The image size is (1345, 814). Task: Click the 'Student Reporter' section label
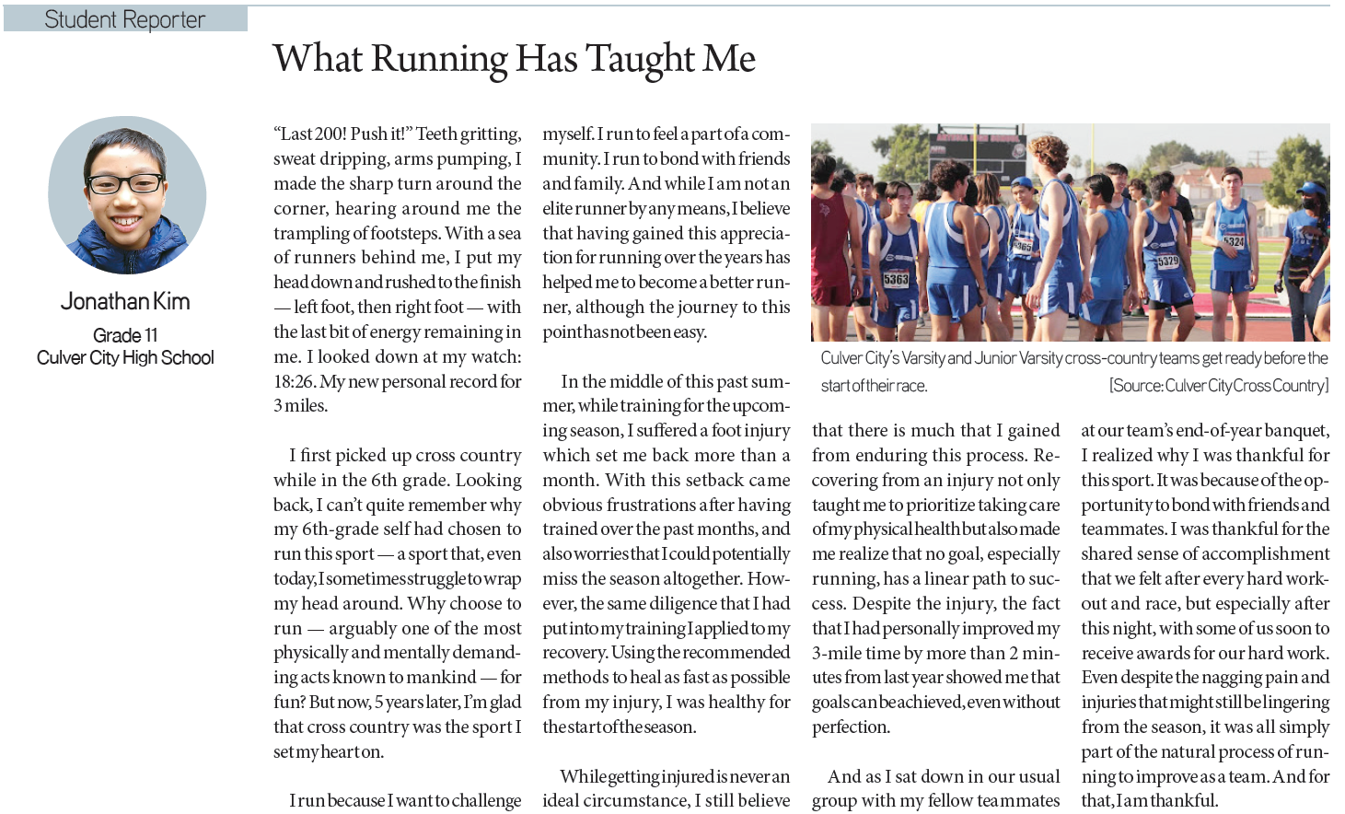(124, 19)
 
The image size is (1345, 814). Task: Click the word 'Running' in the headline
(439, 60)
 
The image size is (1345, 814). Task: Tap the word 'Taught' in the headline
(640, 60)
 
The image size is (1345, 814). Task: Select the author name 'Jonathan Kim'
(125, 301)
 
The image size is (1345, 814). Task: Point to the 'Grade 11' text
(125, 334)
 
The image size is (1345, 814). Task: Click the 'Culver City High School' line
(125, 357)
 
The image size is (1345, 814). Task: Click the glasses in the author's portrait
(125, 183)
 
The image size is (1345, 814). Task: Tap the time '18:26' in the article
(294, 381)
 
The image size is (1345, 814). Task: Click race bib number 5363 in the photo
(896, 279)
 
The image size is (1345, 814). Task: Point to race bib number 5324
(1234, 242)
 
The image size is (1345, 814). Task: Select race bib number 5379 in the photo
(1168, 262)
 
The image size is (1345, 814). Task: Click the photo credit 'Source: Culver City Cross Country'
(1219, 385)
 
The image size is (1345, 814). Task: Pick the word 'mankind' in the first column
(441, 677)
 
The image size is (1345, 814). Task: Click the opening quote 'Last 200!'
(311, 134)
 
